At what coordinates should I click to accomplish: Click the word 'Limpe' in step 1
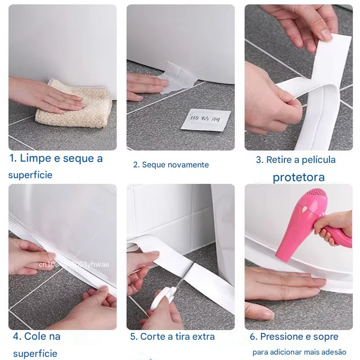(36, 158)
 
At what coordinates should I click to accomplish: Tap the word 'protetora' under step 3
(298, 177)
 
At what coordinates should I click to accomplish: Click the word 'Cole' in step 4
(42, 336)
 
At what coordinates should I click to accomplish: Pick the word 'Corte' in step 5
(153, 337)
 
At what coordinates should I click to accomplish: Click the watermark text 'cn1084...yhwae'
(74, 265)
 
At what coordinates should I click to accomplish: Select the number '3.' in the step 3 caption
(260, 160)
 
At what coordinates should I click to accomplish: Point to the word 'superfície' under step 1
(30, 175)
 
